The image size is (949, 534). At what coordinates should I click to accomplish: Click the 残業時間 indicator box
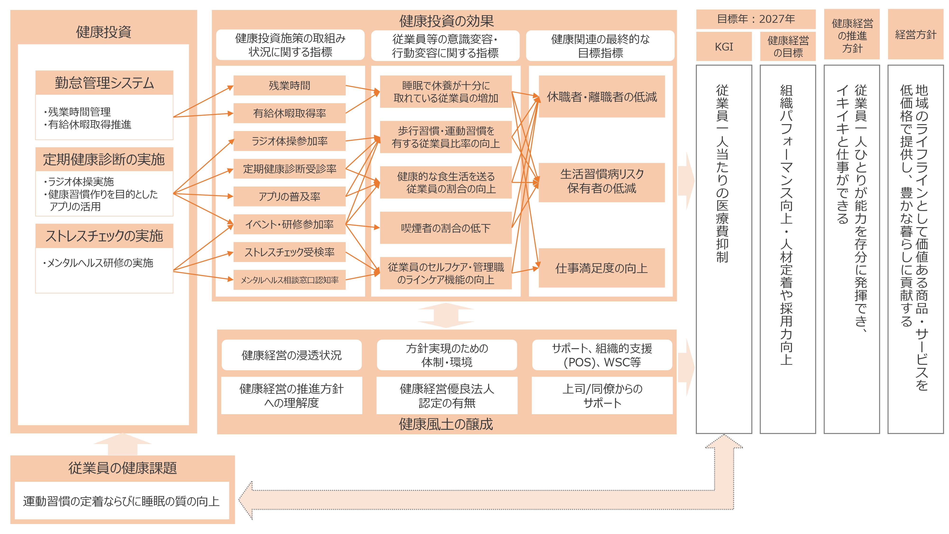tap(289, 85)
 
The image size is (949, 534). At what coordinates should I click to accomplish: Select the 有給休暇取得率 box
tap(289, 113)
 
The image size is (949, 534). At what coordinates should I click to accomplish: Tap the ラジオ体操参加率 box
tap(289, 141)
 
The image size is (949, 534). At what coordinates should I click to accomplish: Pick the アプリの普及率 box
tap(289, 197)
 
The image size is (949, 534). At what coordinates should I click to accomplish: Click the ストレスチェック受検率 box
tap(289, 252)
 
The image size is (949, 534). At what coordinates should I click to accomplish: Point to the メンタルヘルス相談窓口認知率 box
tap(289, 280)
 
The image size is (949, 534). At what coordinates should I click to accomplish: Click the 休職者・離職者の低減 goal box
tap(602, 97)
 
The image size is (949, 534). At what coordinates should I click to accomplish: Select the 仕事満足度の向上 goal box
tap(602, 268)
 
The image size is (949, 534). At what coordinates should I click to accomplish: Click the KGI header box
tap(724, 47)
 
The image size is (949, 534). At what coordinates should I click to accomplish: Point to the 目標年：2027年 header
tap(756, 19)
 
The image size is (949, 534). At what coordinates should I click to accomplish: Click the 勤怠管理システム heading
tap(104, 83)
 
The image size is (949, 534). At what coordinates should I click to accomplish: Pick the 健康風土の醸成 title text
tap(446, 424)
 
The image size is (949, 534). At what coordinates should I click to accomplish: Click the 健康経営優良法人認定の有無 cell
tap(447, 395)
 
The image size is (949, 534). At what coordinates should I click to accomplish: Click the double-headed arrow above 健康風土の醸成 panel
tap(446, 315)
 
